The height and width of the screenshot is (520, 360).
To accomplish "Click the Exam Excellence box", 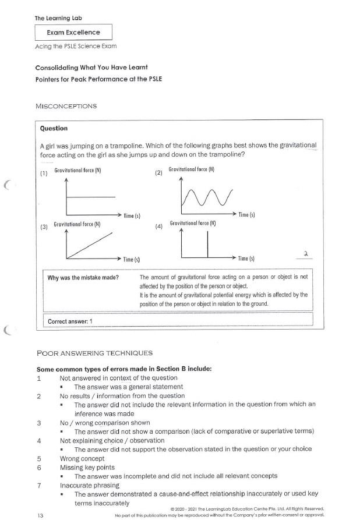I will click(x=73, y=33).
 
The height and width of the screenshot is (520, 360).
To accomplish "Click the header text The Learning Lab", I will click(x=58, y=18).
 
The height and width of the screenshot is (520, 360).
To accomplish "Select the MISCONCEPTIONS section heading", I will click(x=66, y=106).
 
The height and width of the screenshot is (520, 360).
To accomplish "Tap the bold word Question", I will click(x=54, y=128).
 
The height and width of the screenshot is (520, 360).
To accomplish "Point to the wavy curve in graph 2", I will click(x=207, y=198).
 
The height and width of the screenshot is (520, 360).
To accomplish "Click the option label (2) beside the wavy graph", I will click(x=158, y=173).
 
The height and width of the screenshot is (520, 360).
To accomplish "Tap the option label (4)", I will click(x=158, y=227).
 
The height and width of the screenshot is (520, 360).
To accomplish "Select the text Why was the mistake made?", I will click(x=83, y=277).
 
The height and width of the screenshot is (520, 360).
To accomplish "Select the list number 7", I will click(x=38, y=484).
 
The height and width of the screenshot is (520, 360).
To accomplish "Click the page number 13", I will click(x=40, y=515).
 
